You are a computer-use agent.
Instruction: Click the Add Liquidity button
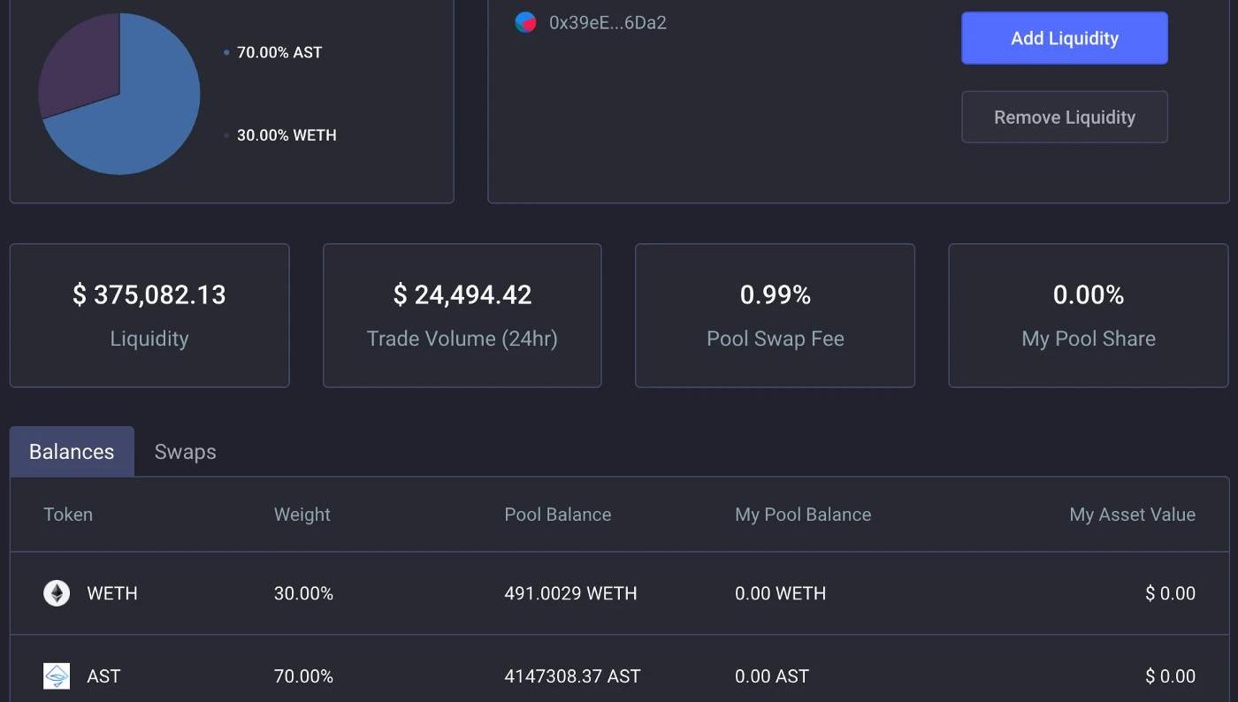tap(1064, 38)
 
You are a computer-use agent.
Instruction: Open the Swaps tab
tap(185, 452)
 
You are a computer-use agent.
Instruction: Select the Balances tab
tap(72, 452)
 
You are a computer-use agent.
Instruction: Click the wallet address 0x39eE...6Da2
tap(608, 23)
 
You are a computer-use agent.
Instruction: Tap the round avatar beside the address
tap(525, 23)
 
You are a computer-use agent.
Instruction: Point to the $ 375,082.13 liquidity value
tap(149, 294)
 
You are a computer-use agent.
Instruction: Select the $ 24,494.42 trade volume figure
tap(462, 294)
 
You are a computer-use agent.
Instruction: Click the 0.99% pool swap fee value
tap(776, 294)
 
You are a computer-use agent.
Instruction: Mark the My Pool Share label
tap(1089, 339)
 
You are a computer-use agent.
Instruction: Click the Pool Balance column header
tap(557, 515)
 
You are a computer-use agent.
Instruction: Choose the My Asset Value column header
tap(1132, 515)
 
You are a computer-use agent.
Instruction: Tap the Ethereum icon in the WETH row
tap(57, 593)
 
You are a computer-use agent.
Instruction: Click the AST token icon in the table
tap(57, 676)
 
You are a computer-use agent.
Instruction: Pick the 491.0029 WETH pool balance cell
tap(570, 593)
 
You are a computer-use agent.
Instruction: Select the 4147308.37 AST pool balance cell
tap(572, 676)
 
